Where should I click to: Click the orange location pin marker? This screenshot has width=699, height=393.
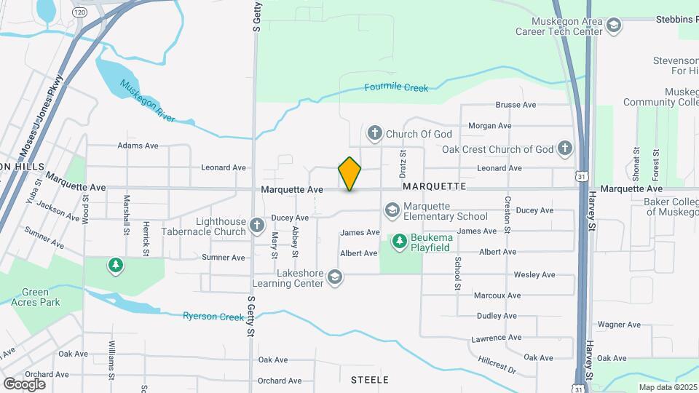tap(349, 174)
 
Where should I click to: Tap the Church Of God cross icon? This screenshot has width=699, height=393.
tap(374, 133)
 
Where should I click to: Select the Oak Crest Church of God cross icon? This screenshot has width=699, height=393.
tap(564, 149)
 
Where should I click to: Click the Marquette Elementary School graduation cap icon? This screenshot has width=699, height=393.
tap(392, 210)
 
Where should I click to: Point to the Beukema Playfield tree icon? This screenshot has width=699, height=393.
tap(399, 239)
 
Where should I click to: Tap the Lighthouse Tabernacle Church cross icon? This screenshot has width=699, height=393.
tap(257, 226)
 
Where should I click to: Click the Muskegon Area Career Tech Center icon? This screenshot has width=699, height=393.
tap(613, 26)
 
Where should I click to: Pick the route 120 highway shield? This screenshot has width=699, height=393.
tap(79, 13)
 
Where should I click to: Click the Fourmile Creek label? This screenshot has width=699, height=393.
tap(396, 88)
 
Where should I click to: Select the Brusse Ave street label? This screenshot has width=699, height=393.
tap(516, 105)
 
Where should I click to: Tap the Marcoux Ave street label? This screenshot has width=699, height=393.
tap(497, 295)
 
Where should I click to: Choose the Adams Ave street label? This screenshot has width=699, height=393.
tap(138, 146)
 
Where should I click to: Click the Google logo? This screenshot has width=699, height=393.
tap(24, 384)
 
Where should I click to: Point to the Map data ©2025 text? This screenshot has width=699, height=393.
tap(667, 387)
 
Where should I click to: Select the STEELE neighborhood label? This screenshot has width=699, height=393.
tap(369, 380)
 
